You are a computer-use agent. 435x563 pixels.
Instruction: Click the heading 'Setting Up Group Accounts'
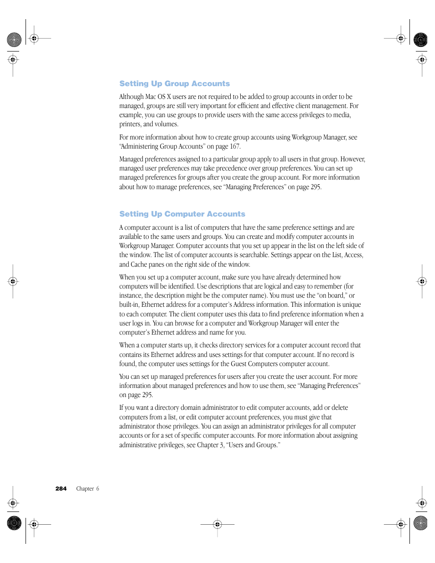pyautogui.click(x=174, y=83)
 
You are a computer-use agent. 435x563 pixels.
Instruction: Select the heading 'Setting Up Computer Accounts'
pyautogui.click(x=182, y=214)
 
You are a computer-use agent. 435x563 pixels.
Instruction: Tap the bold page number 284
pyautogui.click(x=61, y=488)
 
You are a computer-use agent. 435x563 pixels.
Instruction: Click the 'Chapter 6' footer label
pyautogui.click(x=88, y=488)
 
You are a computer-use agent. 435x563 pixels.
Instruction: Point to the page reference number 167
pyautogui.click(x=234, y=146)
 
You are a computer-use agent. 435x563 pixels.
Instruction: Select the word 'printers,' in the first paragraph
pyautogui.click(x=130, y=124)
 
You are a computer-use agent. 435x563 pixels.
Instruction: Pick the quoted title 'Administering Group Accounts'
pyautogui.click(x=162, y=146)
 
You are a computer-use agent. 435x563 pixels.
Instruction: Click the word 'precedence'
pyautogui.click(x=232, y=168)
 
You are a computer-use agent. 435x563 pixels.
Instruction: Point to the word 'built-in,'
pyautogui.click(x=129, y=305)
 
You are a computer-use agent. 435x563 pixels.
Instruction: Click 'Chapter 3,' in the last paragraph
pyautogui.click(x=211, y=445)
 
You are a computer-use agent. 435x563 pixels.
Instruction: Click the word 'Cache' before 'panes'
pyautogui.click(x=139, y=264)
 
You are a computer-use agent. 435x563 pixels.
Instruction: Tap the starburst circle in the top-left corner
pyautogui.click(x=14, y=40)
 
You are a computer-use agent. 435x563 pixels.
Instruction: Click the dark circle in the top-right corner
pyautogui.click(x=420, y=40)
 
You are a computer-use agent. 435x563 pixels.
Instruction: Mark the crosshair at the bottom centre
pyautogui.click(x=217, y=524)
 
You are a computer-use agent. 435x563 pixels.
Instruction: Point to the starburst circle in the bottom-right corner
pyautogui.click(x=420, y=523)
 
